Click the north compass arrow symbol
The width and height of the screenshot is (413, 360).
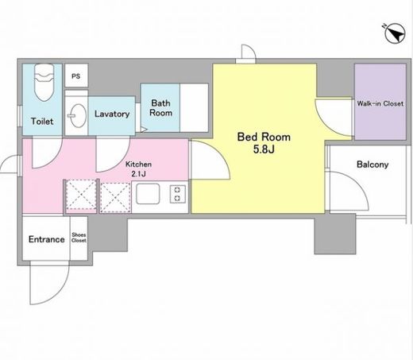(394, 33)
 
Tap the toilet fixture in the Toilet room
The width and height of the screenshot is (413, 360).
(44, 82)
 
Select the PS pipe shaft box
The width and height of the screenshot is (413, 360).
(76, 75)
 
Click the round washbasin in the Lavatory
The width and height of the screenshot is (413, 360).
(79, 116)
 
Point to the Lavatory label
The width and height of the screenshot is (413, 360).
(112, 114)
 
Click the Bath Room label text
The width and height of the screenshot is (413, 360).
(160, 108)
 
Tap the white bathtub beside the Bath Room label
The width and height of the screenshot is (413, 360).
(194, 108)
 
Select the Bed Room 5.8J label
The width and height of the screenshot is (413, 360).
(264, 143)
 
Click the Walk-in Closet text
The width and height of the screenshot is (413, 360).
(380, 103)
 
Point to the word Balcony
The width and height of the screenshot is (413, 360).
(372, 165)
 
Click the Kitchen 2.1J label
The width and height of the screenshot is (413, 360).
(138, 168)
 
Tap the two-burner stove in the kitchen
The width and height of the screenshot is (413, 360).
(178, 194)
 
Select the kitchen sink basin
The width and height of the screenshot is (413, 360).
(148, 194)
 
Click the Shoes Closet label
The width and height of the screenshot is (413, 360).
(79, 238)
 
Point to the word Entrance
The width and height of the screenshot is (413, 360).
(47, 239)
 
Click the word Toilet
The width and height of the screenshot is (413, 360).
(42, 122)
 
